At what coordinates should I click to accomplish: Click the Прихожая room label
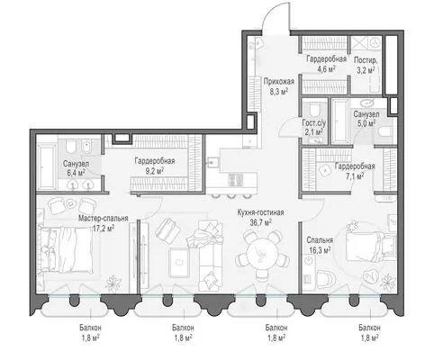(x=279, y=81)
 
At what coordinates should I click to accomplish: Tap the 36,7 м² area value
(x=260, y=222)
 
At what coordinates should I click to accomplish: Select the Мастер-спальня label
(x=104, y=218)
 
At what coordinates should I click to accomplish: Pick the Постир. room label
(x=366, y=60)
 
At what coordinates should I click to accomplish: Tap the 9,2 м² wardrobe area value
(x=155, y=171)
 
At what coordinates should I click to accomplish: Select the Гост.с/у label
(x=313, y=123)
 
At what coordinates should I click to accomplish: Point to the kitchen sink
(x=212, y=163)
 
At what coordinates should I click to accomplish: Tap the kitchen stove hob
(x=236, y=180)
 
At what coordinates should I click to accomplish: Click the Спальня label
(x=320, y=240)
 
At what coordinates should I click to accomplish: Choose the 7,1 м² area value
(x=355, y=176)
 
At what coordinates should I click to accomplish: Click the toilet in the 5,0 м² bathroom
(x=385, y=131)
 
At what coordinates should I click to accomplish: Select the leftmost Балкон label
(x=90, y=328)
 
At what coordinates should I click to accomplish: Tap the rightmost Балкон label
(x=369, y=328)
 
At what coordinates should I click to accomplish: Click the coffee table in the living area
(x=179, y=263)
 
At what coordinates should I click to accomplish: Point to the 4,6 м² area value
(x=326, y=69)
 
